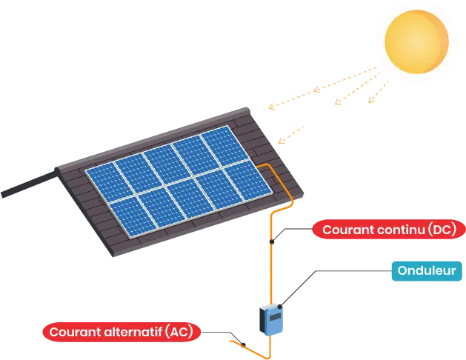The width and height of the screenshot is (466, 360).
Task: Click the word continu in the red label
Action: [x=399, y=230]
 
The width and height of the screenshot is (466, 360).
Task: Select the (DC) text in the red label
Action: [x=442, y=230]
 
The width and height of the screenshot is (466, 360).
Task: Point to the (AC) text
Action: [x=179, y=331]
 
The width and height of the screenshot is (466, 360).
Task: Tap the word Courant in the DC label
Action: [x=348, y=230]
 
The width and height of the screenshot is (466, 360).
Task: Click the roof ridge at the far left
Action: [x=22, y=188]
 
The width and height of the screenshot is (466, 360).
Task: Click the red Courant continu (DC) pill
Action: [x=390, y=230]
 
